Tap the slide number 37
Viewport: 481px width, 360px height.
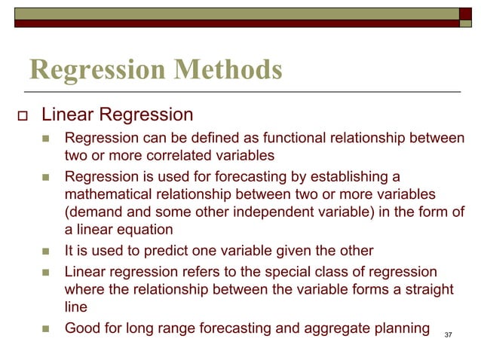tap(449, 334)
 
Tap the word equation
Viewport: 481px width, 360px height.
tap(143, 230)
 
